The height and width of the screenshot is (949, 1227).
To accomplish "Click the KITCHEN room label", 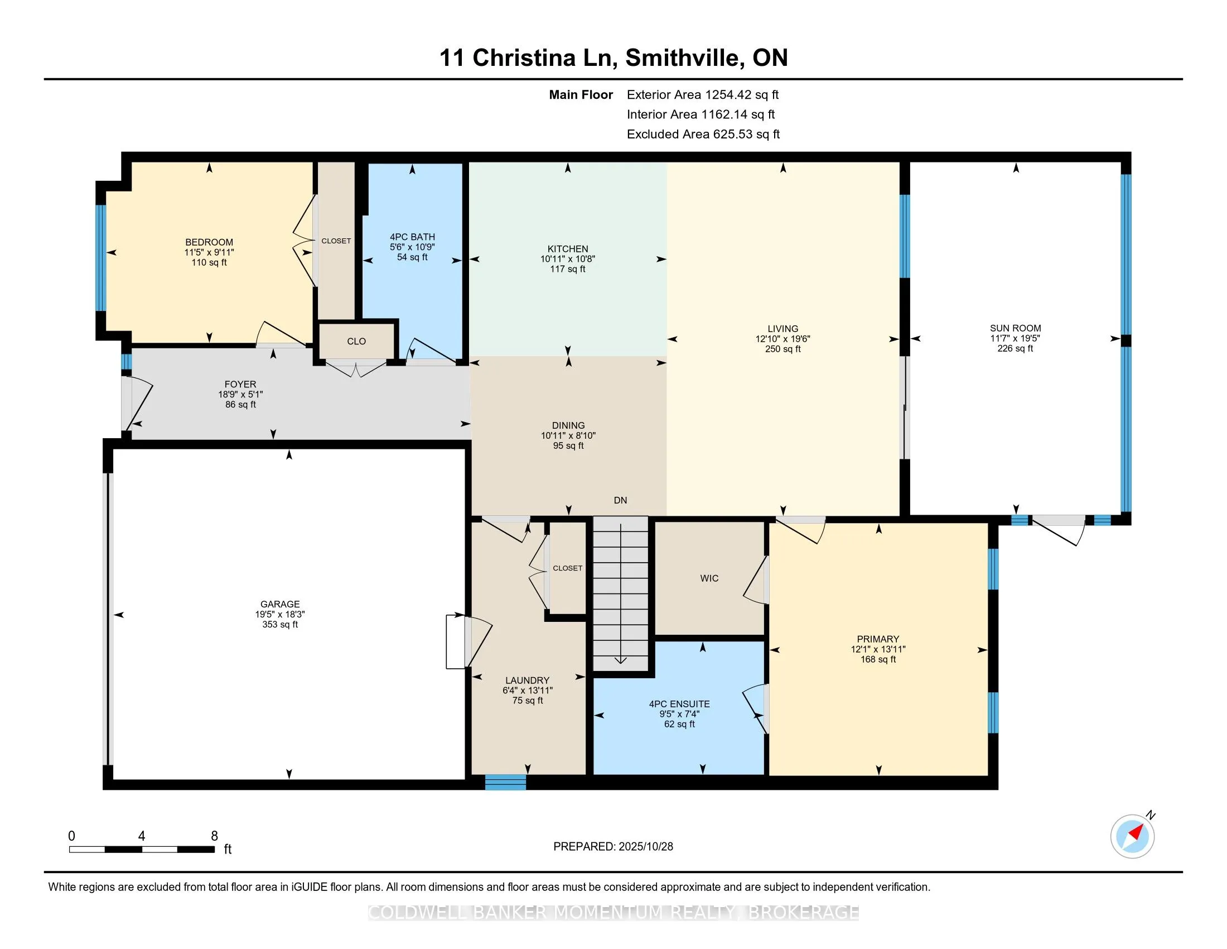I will [x=567, y=248].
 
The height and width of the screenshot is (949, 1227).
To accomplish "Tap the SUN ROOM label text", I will [x=1015, y=328].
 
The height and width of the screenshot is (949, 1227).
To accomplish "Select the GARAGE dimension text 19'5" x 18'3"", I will [x=279, y=615].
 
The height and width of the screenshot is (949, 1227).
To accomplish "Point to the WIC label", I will [x=709, y=578].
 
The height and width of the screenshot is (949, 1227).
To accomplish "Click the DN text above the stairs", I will [x=620, y=500].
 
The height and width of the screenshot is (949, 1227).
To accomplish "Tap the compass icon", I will [x=1132, y=836].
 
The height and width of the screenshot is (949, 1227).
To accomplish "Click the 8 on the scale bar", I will [x=214, y=836].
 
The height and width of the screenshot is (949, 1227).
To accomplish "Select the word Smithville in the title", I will [x=682, y=58].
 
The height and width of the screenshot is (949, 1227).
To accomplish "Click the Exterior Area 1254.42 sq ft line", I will [x=702, y=94].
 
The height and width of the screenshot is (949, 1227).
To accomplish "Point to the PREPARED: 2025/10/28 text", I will [x=613, y=846].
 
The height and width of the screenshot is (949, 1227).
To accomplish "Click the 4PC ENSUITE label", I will [x=679, y=704].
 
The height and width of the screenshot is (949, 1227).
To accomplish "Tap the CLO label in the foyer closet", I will [x=356, y=341].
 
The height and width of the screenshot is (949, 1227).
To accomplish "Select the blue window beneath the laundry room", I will [x=505, y=782].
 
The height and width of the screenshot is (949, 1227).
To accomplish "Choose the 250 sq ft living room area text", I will [x=782, y=349].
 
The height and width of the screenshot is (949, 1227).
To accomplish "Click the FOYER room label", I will [x=240, y=385].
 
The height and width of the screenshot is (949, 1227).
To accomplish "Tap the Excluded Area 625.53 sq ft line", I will [x=703, y=134].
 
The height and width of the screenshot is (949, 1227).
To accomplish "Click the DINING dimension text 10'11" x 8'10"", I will [x=568, y=436].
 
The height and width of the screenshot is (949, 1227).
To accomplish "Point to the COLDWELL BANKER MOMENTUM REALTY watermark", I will [x=613, y=913].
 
